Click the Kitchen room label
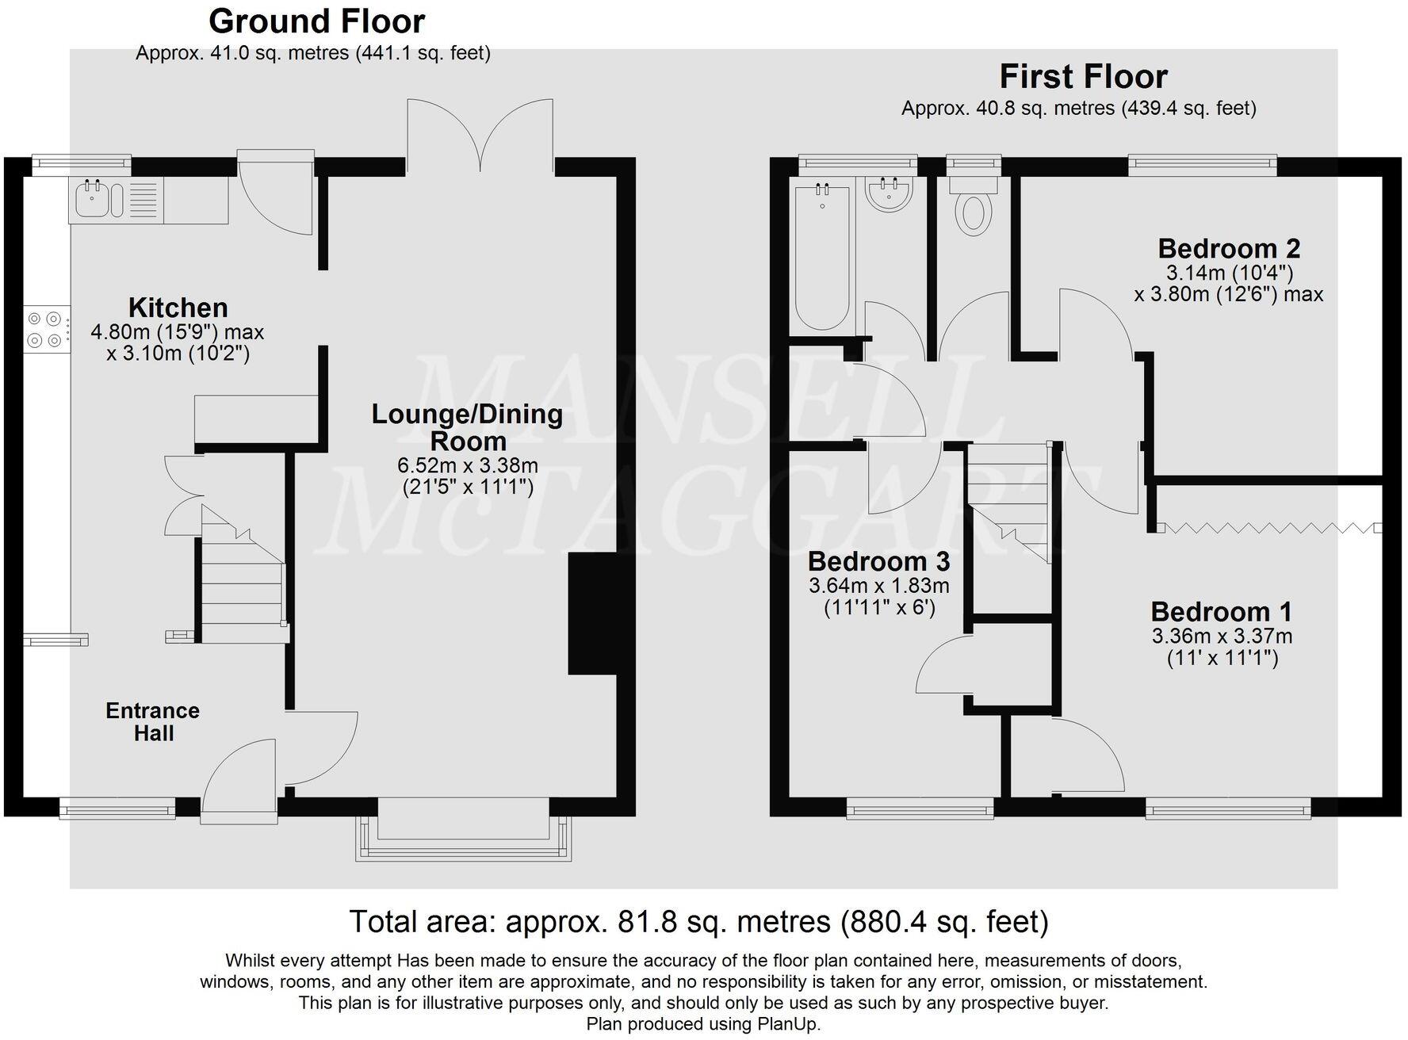[x=178, y=308]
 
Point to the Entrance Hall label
[x=152, y=721]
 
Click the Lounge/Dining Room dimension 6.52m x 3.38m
[x=467, y=465]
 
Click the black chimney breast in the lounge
[x=591, y=614]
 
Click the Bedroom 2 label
[x=1228, y=249]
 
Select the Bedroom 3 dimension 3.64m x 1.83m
[x=878, y=587]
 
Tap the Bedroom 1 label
[x=1221, y=612]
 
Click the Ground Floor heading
[x=316, y=21]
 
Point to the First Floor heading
[x=1083, y=77]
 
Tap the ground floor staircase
[x=242, y=579]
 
